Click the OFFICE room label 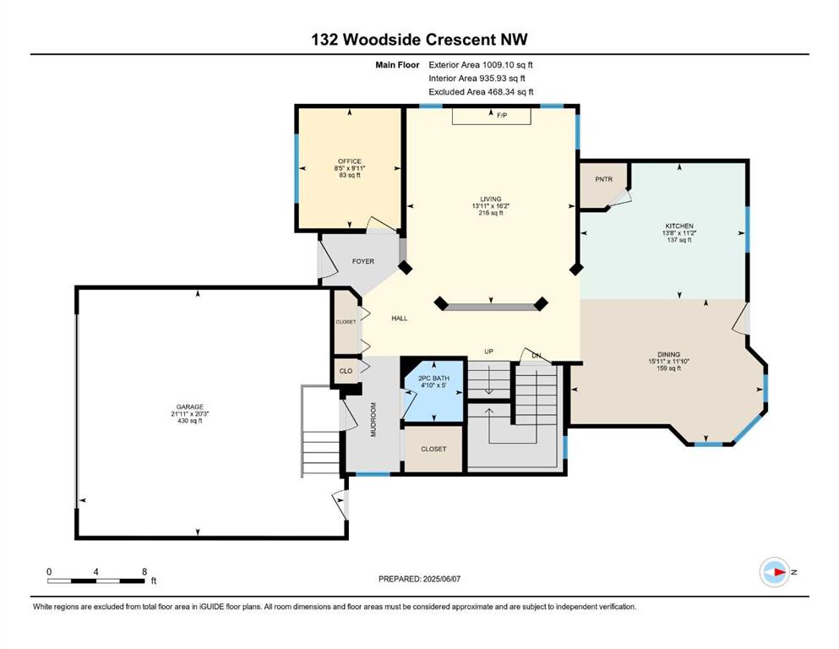[350, 161]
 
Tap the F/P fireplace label [502, 115]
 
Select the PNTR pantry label [603, 179]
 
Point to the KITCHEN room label [679, 226]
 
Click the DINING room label [669, 354]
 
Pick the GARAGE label [190, 406]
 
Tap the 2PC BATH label [433, 379]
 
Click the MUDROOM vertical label [373, 419]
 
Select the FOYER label [362, 261]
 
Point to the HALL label [399, 318]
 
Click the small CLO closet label [346, 371]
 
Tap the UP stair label [488, 352]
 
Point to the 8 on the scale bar [144, 571]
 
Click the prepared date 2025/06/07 [441, 579]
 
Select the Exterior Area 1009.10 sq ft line [481, 65]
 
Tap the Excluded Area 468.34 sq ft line [481, 91]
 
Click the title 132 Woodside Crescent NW [419, 39]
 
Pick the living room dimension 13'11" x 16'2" [491, 206]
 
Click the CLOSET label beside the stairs [433, 449]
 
